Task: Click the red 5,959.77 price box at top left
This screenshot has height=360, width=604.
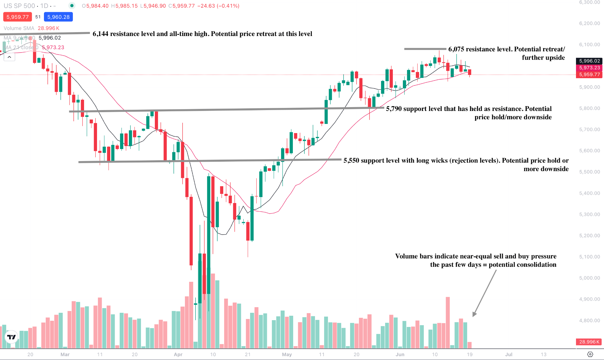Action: (x=17, y=17)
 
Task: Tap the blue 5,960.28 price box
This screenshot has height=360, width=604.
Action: (x=58, y=17)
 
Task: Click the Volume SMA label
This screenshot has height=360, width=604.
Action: (x=19, y=28)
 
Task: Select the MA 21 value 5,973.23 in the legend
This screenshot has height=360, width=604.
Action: (x=53, y=47)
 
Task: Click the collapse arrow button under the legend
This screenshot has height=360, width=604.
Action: (x=9, y=57)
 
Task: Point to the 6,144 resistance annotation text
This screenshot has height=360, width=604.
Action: (x=202, y=34)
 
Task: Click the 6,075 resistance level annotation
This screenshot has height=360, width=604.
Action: (x=506, y=53)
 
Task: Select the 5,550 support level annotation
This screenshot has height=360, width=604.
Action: (x=456, y=164)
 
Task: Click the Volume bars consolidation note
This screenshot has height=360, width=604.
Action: (x=475, y=260)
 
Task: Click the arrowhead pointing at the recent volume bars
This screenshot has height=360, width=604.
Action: (x=474, y=315)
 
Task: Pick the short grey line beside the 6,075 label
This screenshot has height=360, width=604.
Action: (x=425, y=49)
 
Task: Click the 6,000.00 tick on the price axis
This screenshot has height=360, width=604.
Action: (x=589, y=278)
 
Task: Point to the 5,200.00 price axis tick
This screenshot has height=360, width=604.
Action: (x=589, y=235)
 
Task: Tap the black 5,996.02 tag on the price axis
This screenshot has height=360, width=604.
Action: (x=589, y=61)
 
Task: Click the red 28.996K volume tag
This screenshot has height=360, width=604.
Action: (x=589, y=342)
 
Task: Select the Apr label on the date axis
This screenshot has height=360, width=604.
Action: (x=178, y=354)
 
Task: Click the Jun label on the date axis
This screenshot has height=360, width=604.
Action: (x=400, y=354)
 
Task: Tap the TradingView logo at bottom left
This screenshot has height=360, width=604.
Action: (x=12, y=337)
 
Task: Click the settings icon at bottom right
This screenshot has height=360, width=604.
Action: (x=590, y=354)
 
